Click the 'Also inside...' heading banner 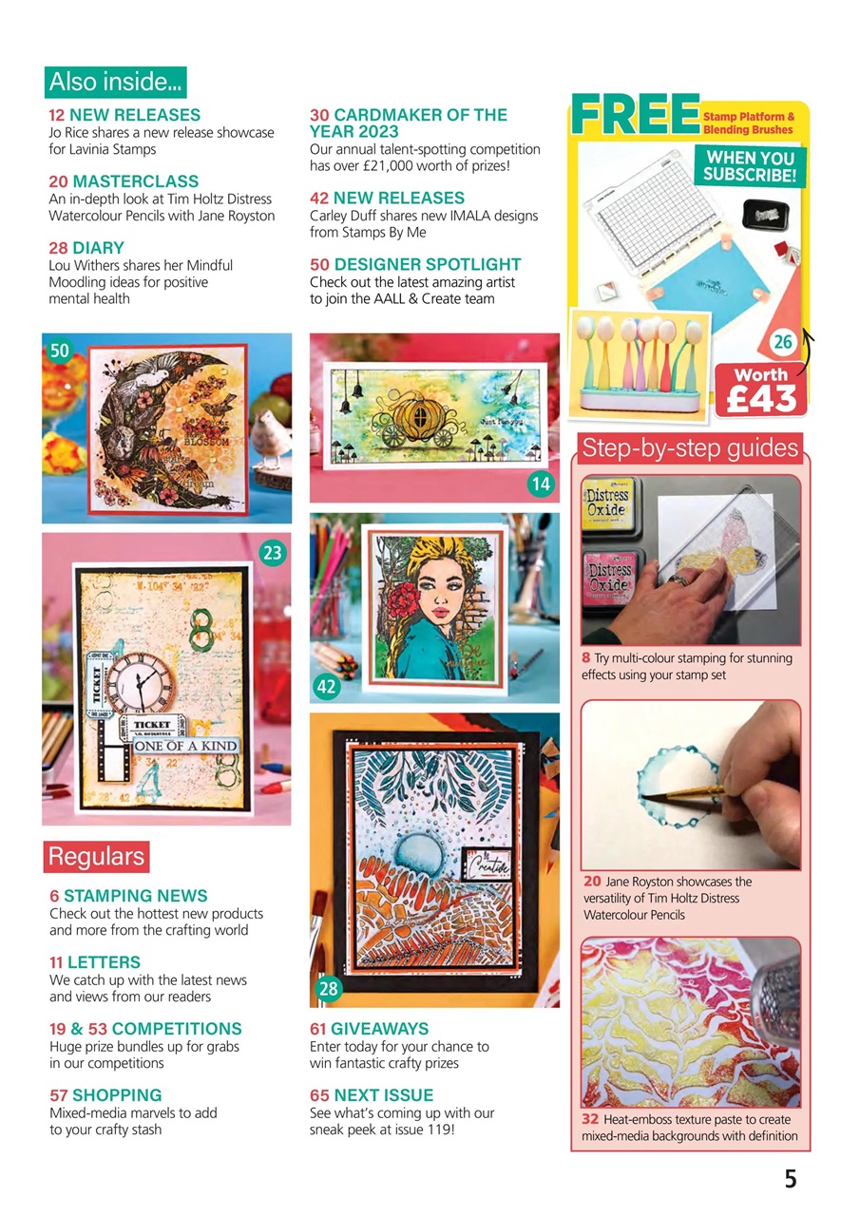116,82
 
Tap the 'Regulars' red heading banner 96,856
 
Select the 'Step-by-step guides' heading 690,447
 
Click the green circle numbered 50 59,351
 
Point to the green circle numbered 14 541,484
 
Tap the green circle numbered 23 273,552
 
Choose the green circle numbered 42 327,686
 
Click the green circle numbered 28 328,990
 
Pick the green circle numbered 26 785,340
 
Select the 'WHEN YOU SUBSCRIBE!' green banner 749,165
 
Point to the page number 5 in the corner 791,1179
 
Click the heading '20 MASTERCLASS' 124,181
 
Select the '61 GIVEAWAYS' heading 369,1029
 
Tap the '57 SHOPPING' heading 105,1095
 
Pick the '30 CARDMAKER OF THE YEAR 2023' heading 409,123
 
